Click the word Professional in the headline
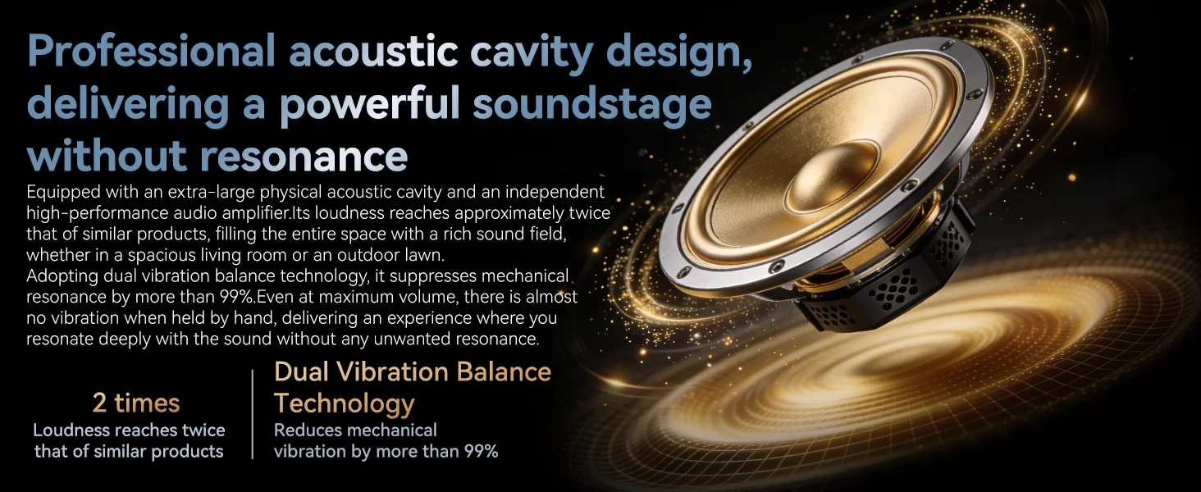click(x=151, y=50)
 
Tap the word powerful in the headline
click(x=370, y=105)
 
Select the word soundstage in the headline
click(x=592, y=103)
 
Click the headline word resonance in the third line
click(x=304, y=156)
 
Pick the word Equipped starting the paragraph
click(x=63, y=193)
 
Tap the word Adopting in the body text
click(x=62, y=276)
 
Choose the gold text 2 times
click(x=136, y=403)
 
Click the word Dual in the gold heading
click(x=301, y=371)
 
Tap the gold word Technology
click(x=345, y=404)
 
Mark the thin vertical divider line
click(x=252, y=414)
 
